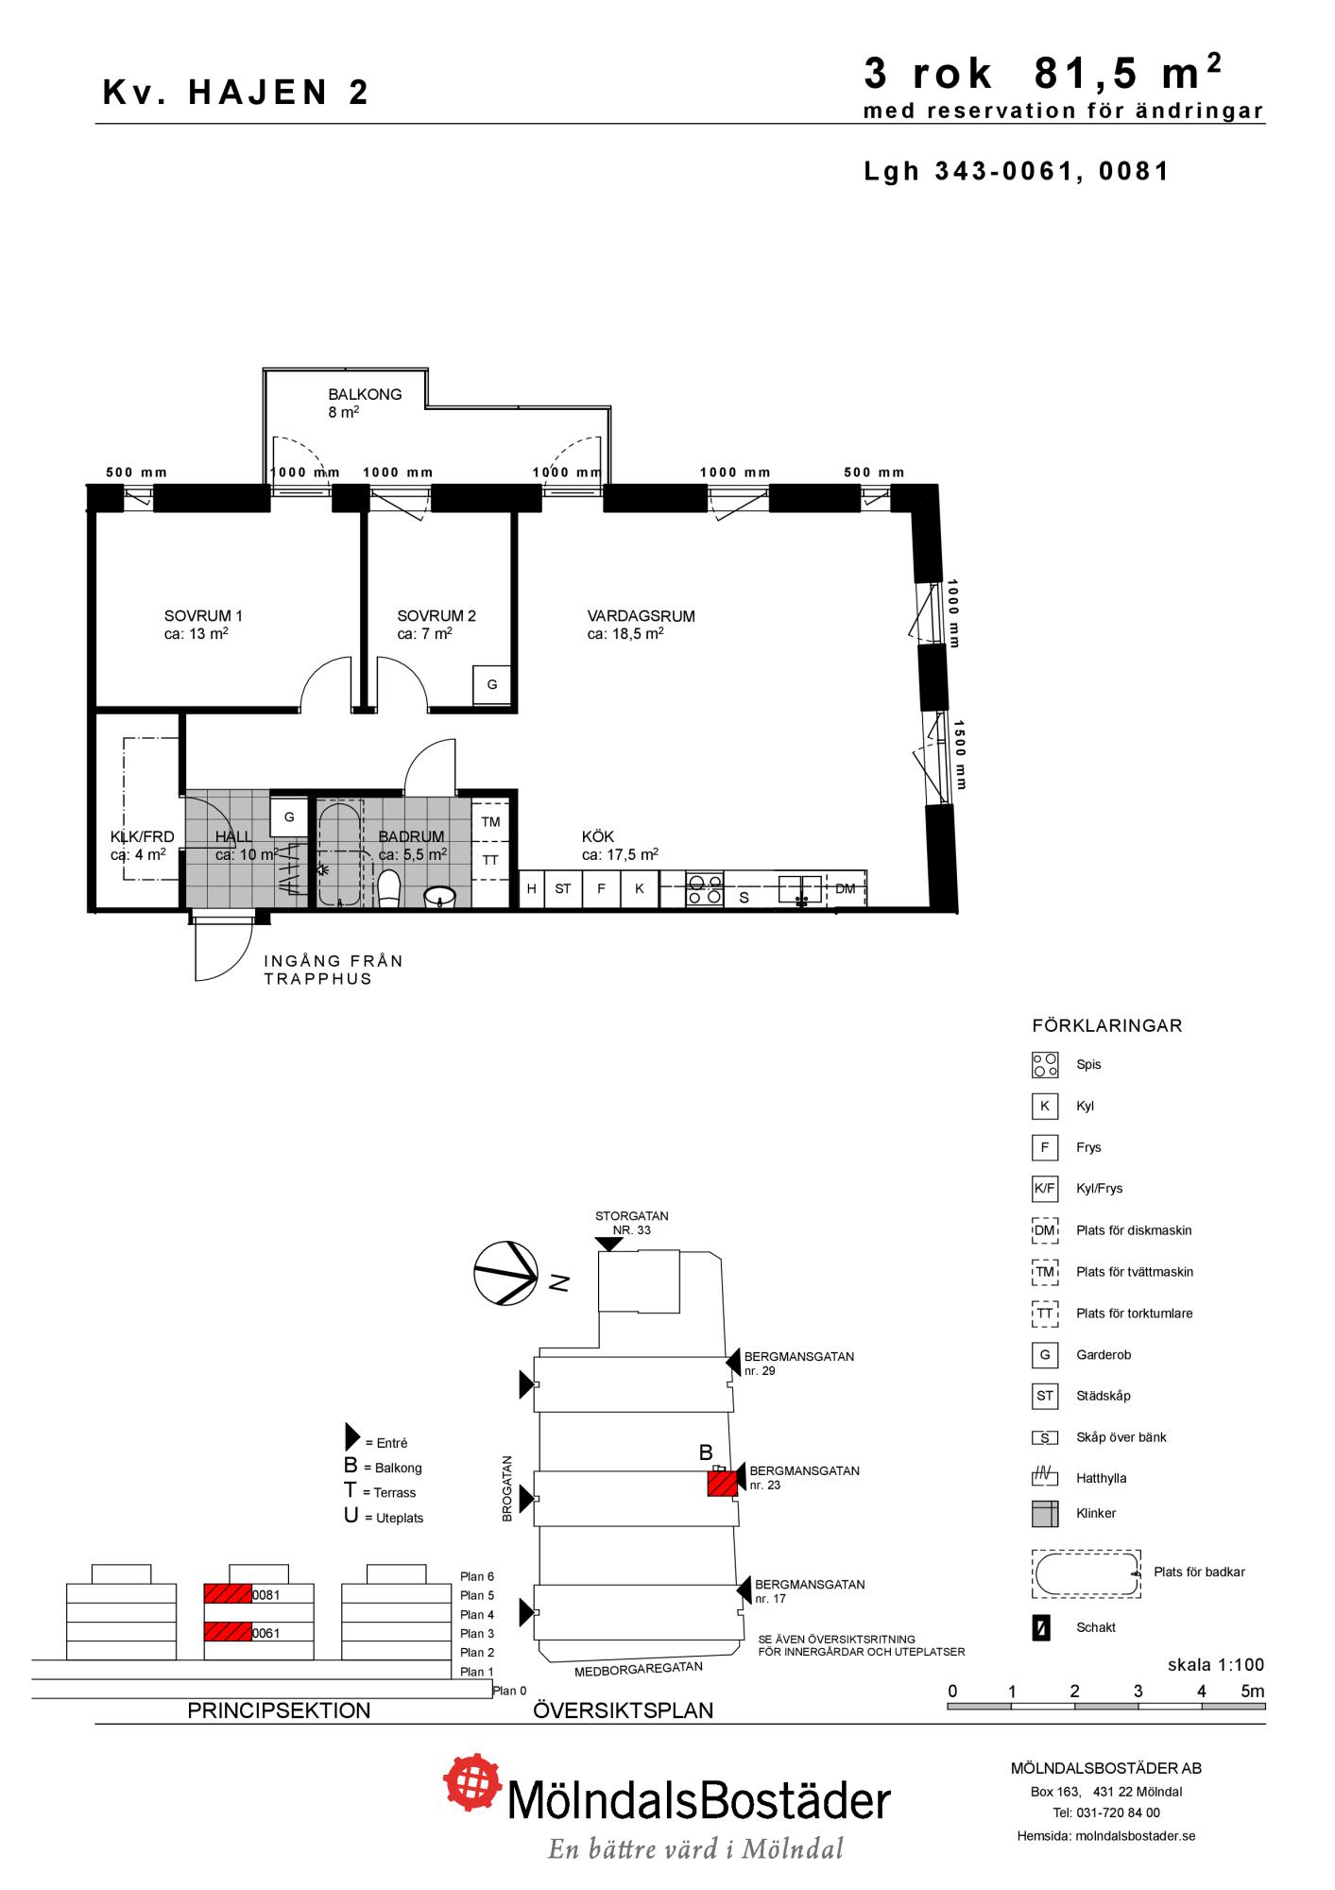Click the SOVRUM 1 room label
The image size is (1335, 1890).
point(203,616)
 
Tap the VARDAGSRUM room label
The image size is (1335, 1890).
point(641,616)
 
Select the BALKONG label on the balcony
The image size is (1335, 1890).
point(365,395)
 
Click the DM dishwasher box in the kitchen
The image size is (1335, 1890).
point(846,888)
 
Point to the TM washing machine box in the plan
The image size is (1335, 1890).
point(490,821)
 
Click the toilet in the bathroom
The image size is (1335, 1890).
point(389,888)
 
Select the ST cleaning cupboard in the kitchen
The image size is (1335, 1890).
point(563,889)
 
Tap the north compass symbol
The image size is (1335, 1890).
point(506,1273)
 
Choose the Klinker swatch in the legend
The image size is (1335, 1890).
point(1044,1513)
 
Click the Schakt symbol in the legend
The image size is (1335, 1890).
point(1041,1628)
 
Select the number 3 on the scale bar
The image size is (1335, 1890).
point(1138,1692)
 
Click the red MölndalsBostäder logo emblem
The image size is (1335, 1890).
point(473,1783)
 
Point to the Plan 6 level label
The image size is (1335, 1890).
point(477,1576)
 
